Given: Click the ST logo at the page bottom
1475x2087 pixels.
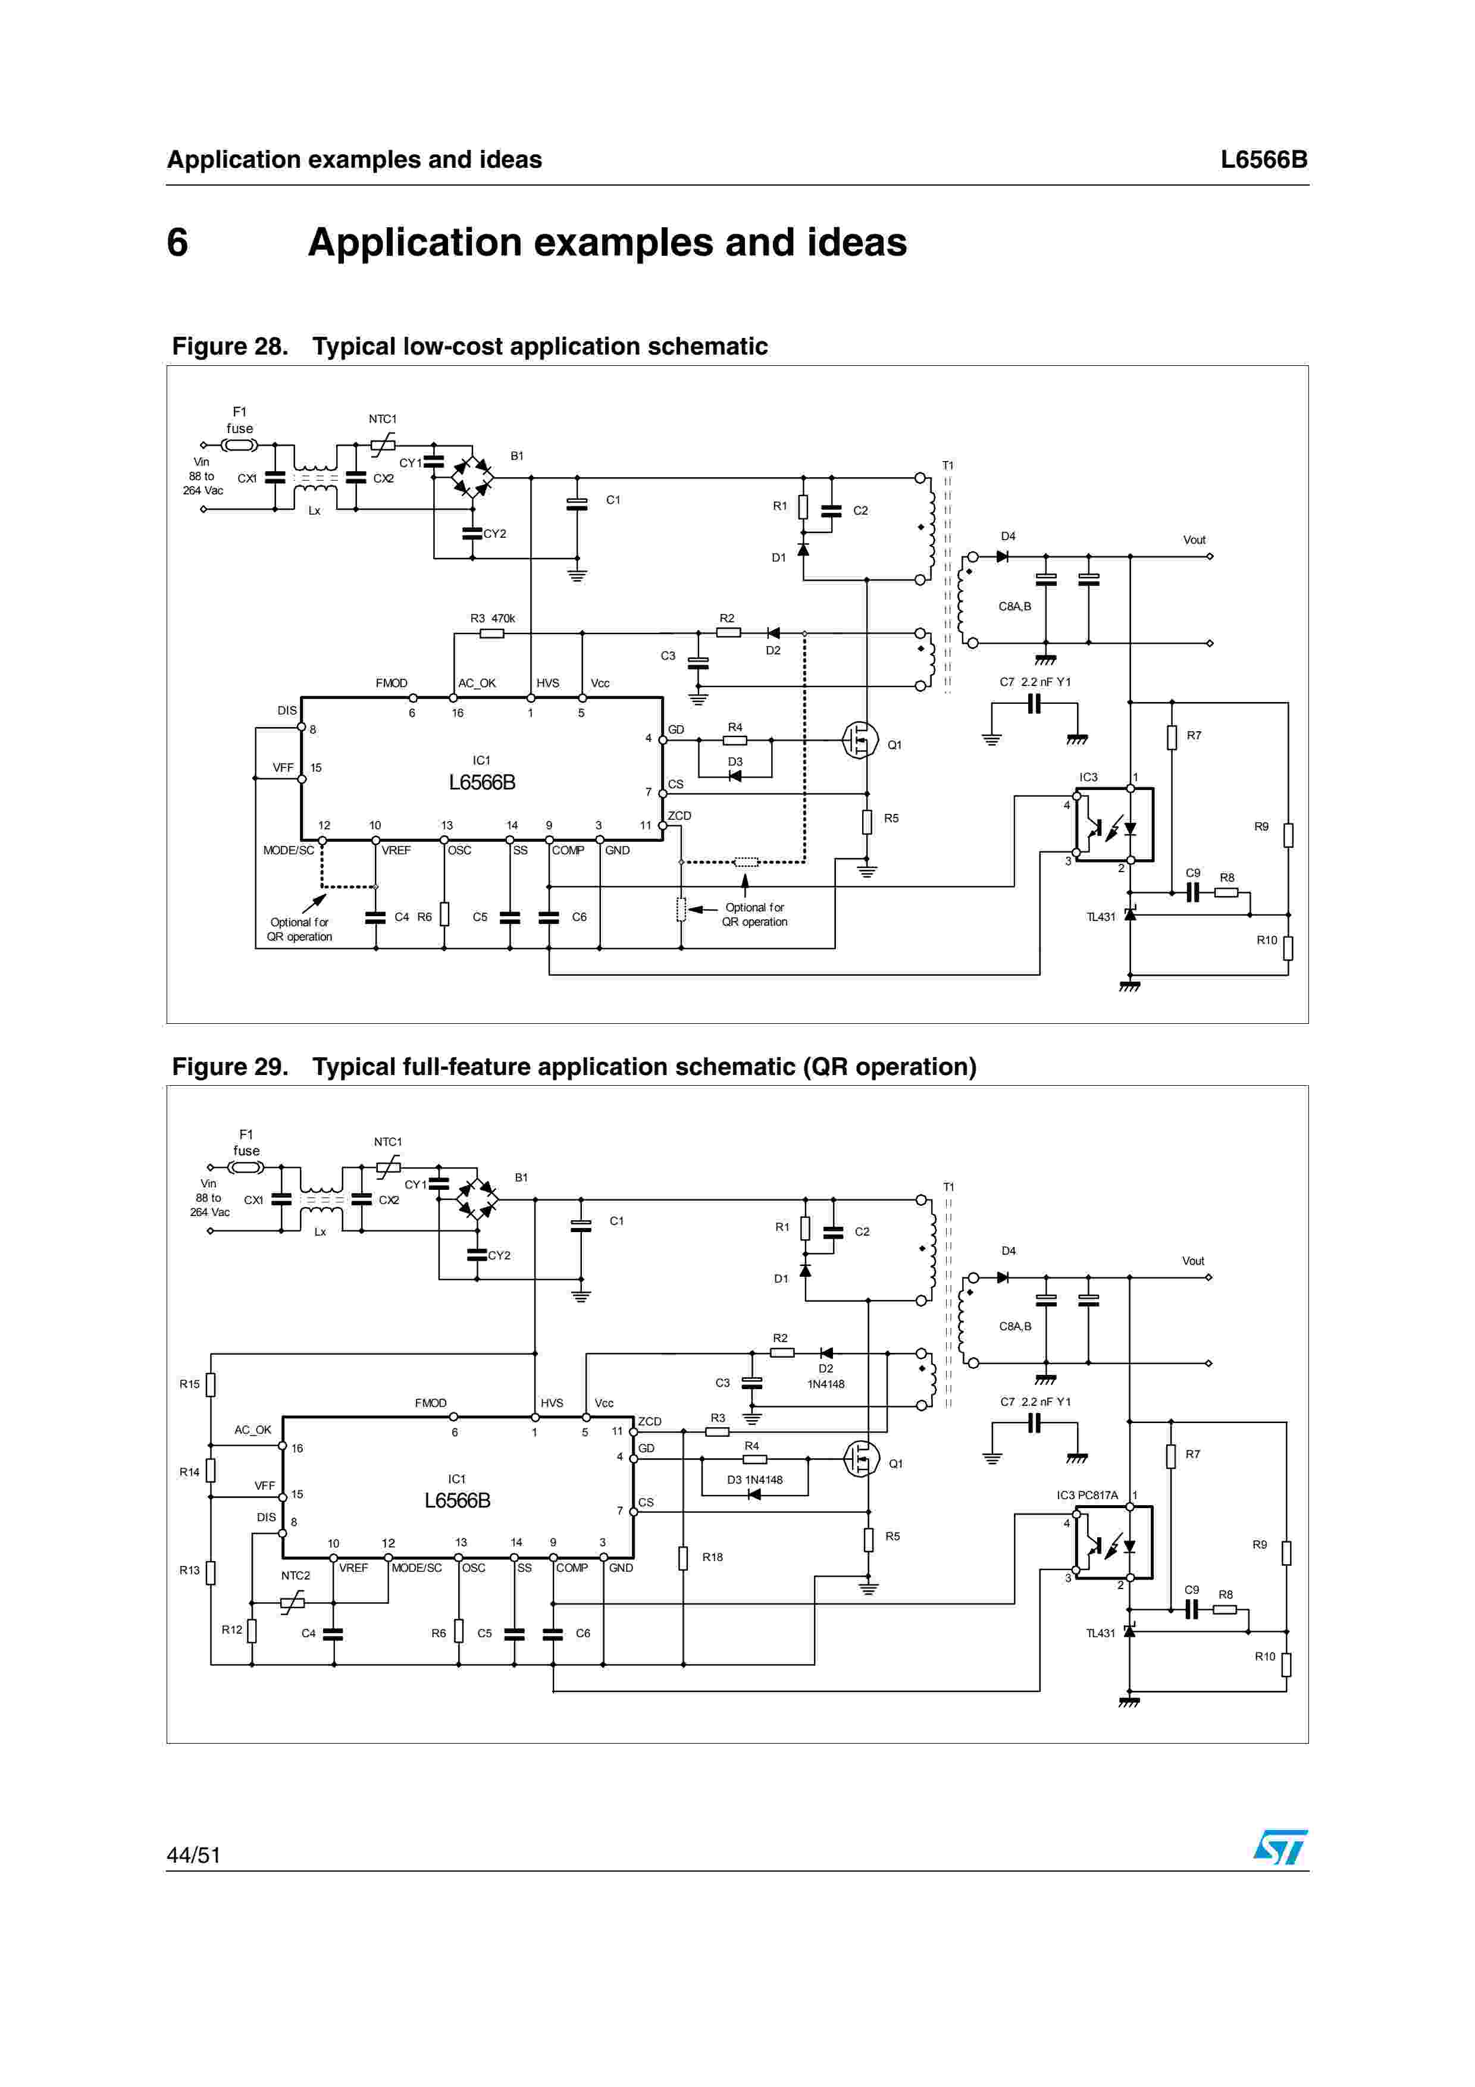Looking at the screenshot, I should [1280, 1847].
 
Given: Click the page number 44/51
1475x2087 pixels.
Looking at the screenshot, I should [193, 1854].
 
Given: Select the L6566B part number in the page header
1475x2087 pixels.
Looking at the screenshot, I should [1263, 160].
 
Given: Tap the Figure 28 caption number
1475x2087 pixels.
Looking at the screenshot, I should [230, 346].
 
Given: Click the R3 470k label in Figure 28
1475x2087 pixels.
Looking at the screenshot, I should [491, 618].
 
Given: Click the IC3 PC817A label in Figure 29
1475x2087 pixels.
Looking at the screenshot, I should [1087, 1495].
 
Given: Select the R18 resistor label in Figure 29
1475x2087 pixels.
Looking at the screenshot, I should [712, 1557].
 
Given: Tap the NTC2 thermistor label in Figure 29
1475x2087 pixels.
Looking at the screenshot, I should [295, 1575].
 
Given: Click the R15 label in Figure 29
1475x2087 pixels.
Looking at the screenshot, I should [189, 1384].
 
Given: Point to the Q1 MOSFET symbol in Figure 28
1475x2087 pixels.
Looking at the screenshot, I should [859, 740].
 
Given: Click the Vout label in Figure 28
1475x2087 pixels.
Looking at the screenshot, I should [1194, 540].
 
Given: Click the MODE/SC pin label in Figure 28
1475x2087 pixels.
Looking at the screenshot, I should [288, 851].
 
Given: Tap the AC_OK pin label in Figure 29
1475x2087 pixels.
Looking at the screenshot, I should [253, 1430].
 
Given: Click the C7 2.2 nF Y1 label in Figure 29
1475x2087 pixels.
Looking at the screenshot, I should [1035, 1402].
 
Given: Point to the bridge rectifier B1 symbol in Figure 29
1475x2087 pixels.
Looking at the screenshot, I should [477, 1200].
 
